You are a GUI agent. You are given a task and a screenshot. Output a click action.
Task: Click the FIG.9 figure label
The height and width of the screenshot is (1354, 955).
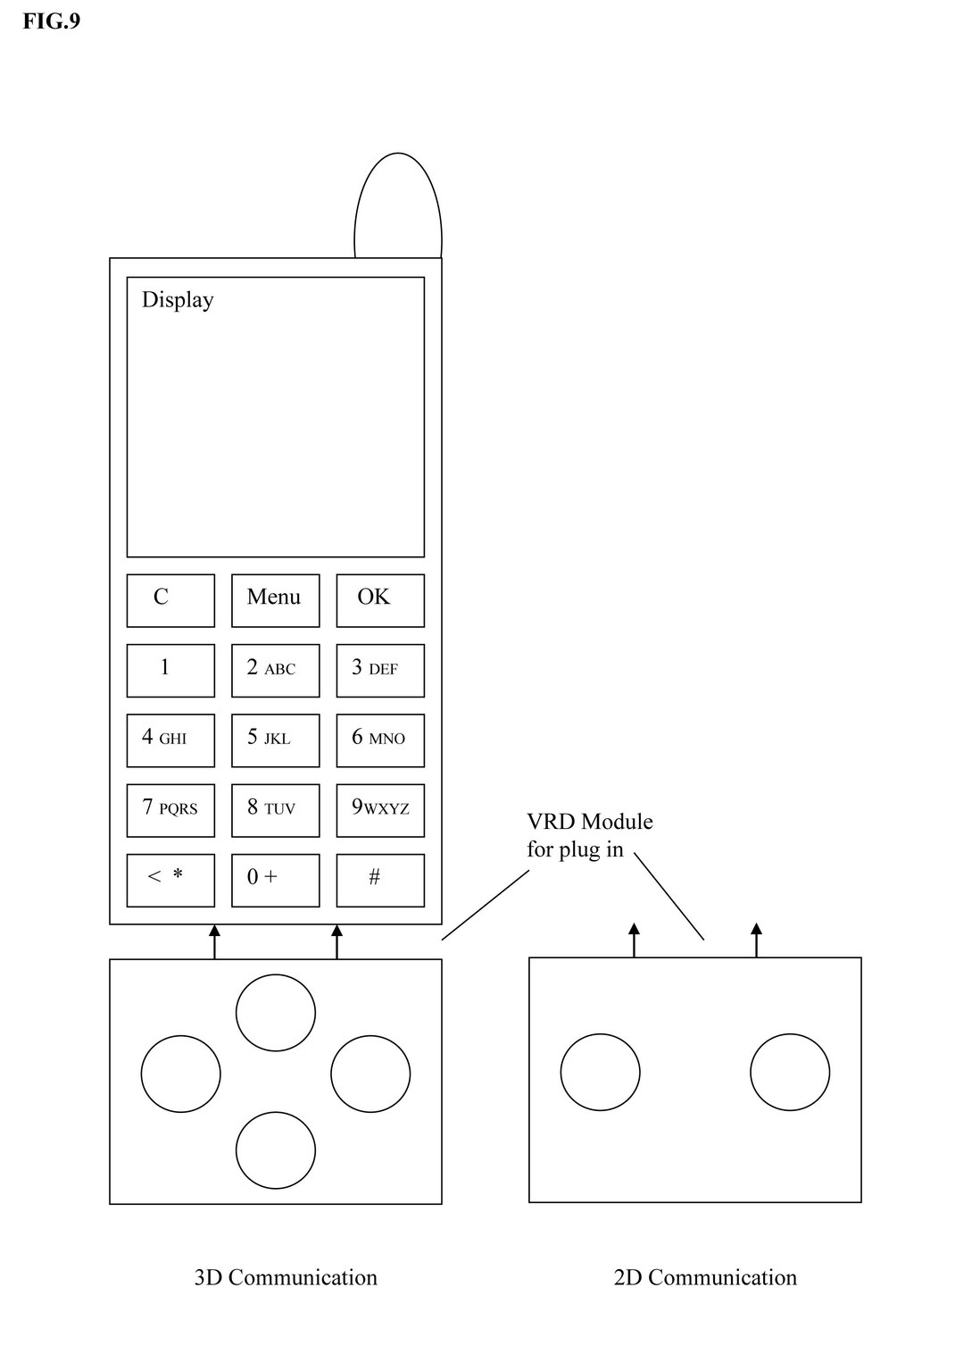click(x=51, y=21)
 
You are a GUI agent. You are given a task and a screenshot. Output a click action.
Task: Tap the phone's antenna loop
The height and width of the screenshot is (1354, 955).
click(x=398, y=205)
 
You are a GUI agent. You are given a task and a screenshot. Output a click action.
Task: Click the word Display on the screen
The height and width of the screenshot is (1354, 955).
click(x=178, y=300)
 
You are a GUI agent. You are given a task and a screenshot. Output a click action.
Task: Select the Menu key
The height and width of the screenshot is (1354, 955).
click(x=275, y=600)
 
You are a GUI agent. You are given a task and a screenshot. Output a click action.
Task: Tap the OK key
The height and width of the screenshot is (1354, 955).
click(x=379, y=600)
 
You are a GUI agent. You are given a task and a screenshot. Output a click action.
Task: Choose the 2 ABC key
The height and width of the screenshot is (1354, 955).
click(x=275, y=670)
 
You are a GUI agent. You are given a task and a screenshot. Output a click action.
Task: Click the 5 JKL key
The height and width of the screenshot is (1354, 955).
click(x=275, y=740)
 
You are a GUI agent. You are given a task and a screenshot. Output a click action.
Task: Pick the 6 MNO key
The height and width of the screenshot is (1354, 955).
click(x=379, y=740)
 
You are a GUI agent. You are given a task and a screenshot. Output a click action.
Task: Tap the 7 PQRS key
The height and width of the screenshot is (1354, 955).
click(x=170, y=810)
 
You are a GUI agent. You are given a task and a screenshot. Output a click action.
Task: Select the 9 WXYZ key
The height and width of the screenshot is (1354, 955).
click(x=379, y=810)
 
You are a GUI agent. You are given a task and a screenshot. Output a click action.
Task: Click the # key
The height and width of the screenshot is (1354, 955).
click(x=379, y=880)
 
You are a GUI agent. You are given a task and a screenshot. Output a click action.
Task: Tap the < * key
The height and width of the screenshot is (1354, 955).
click(x=170, y=880)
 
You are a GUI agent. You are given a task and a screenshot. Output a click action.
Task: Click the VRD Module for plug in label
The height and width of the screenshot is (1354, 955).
click(x=589, y=835)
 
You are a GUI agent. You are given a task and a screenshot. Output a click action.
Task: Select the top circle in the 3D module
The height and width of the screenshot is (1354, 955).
click(x=276, y=1013)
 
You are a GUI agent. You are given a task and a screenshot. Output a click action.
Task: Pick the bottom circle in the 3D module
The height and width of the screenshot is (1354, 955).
click(x=276, y=1150)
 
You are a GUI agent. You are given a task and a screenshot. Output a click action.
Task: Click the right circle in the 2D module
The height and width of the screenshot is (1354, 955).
click(x=790, y=1072)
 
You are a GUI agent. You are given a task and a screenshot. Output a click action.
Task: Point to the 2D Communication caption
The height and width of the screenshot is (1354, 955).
click(x=705, y=1278)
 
